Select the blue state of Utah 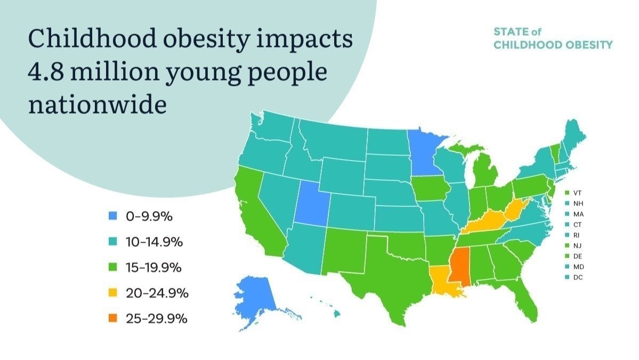tap(311, 201)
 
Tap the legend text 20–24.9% tap(157, 293)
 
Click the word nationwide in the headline tap(97, 105)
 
